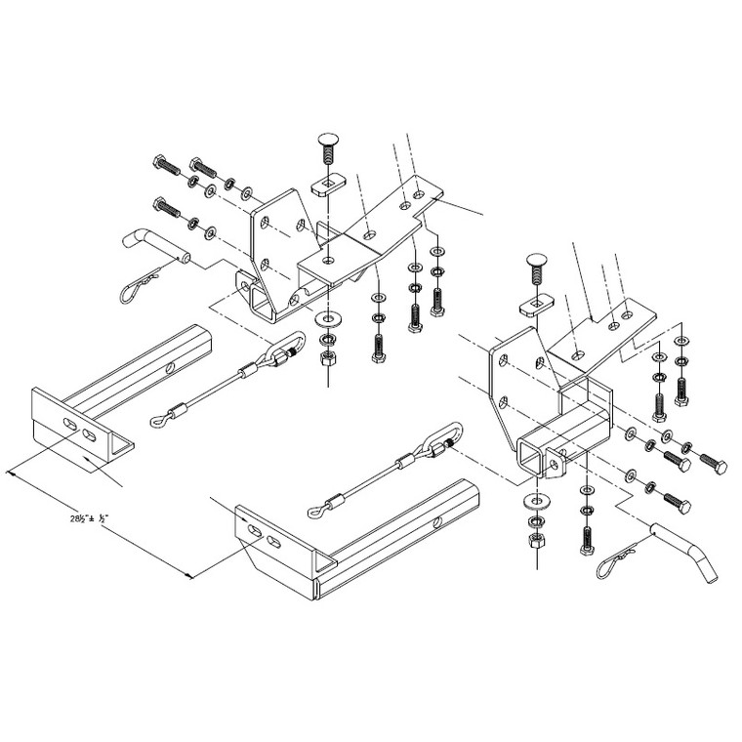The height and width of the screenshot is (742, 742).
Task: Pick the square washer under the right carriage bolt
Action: (534, 305)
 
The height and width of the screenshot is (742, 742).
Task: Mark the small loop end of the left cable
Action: (159, 421)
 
